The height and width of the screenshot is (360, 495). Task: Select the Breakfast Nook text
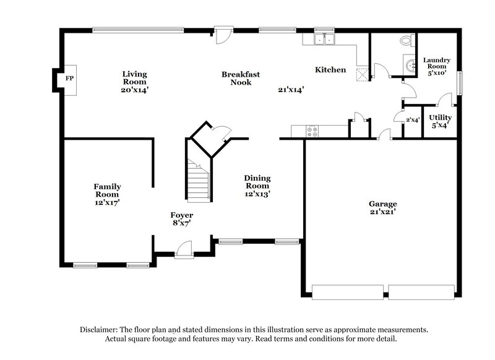241,78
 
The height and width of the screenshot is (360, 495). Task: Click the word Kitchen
330,70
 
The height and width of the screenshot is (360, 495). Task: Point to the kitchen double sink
324,40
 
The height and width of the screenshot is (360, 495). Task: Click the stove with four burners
312,131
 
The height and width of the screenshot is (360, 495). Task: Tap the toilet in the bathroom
406,40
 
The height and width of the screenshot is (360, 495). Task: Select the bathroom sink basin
409,64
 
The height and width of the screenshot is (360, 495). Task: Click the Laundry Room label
437,66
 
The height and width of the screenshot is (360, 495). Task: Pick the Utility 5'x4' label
440,121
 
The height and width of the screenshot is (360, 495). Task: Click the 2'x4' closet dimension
413,120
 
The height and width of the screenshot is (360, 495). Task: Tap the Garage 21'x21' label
382,207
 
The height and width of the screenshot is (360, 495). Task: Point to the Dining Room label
257,186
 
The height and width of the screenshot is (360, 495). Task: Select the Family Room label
107,194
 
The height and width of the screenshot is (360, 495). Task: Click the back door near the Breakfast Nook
223,35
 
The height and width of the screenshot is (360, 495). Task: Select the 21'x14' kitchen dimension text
290,90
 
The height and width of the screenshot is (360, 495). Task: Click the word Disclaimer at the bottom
102,330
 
